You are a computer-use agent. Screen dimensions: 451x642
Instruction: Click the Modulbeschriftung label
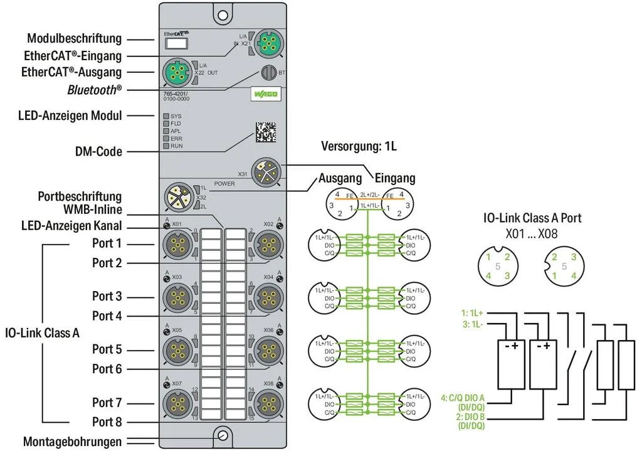pos(75,39)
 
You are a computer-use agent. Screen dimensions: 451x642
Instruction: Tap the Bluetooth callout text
pos(95,90)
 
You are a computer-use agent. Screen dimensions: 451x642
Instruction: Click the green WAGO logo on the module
pos(265,93)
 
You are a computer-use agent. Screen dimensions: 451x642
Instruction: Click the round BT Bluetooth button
pos(268,72)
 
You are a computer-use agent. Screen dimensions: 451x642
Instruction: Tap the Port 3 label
pos(107,296)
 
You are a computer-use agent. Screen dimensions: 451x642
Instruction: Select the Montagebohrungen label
pos(72,442)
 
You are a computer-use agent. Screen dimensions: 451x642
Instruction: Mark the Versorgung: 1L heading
pos(359,147)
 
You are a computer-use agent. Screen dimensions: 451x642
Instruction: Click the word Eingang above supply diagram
pos(395,179)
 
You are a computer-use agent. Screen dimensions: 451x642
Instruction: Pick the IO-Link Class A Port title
pos(532,218)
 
